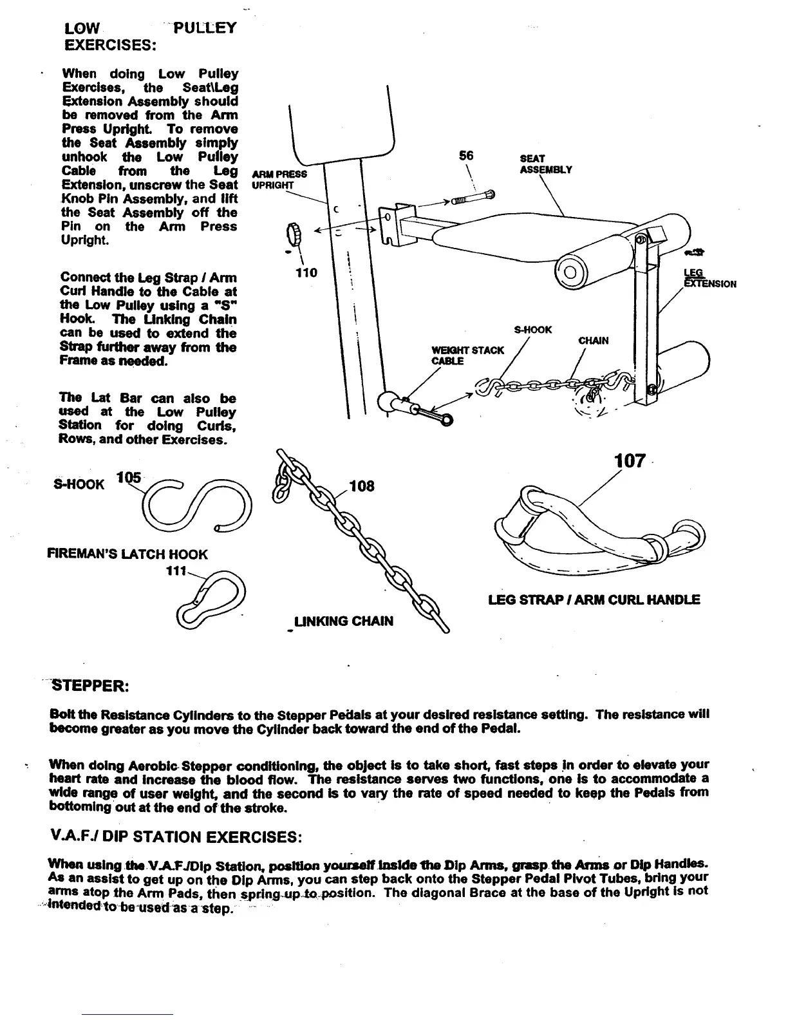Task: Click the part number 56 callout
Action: (465, 156)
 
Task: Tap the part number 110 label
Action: (306, 272)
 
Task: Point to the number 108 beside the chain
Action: (361, 486)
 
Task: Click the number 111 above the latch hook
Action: (176, 571)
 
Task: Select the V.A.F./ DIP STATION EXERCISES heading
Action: (174, 838)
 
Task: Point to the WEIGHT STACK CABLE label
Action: (467, 355)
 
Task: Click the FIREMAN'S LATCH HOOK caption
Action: (128, 554)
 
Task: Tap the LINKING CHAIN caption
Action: (342, 621)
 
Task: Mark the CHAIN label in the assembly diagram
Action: (593, 341)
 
